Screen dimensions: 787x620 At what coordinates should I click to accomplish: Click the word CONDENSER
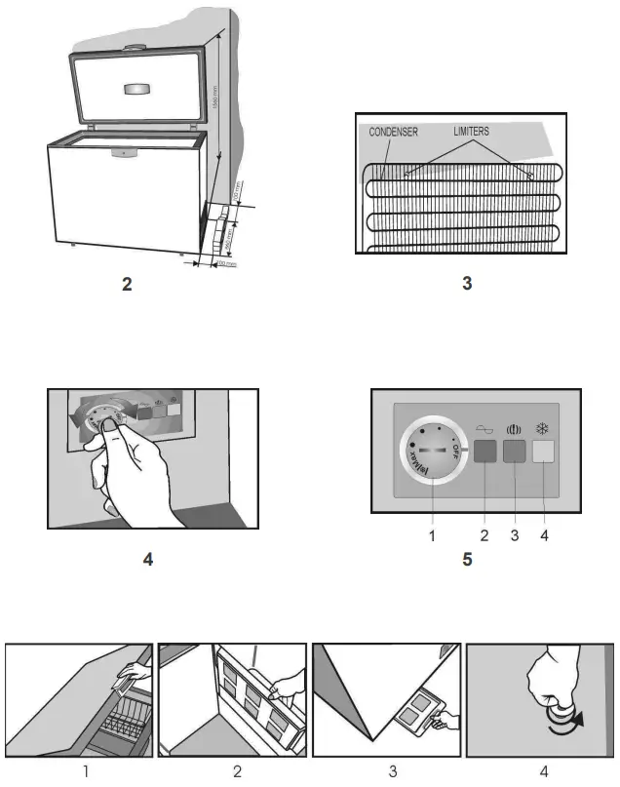(x=393, y=132)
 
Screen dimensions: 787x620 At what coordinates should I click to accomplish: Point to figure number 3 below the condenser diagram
(x=466, y=285)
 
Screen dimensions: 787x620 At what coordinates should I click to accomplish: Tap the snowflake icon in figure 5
(x=544, y=428)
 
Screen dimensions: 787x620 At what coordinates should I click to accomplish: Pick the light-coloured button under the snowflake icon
(x=544, y=452)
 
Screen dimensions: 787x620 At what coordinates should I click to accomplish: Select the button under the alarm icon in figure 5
(x=514, y=452)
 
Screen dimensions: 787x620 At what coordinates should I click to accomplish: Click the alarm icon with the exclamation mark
(x=514, y=428)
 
